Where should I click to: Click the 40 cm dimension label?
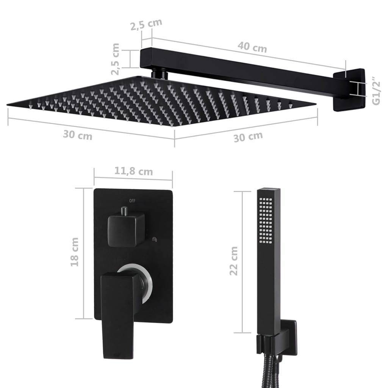coord(252,48)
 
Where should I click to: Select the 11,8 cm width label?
coord(133,171)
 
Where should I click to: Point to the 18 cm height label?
coord(75,252)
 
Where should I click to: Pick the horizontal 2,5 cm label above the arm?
coord(146,25)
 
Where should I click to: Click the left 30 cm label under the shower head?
coord(77,135)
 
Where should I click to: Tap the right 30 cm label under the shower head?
coord(248,136)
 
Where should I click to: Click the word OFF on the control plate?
coord(132,200)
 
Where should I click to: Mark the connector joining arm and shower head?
coord(159,73)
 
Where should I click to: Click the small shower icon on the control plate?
coord(154,239)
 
